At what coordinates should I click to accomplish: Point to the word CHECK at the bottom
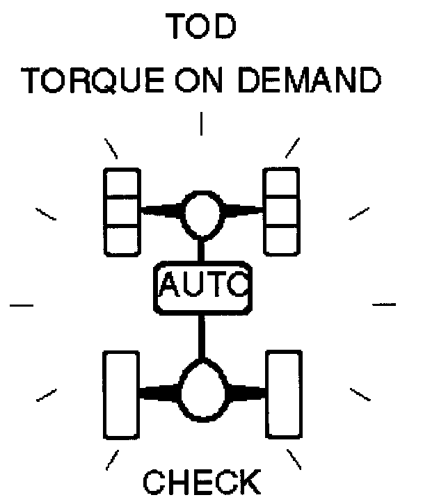(x=202, y=483)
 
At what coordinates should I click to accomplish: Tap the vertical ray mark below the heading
(x=201, y=124)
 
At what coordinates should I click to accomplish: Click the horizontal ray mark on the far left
(x=22, y=304)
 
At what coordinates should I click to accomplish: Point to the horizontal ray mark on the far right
(x=385, y=304)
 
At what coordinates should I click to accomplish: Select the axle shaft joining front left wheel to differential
(x=161, y=208)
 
